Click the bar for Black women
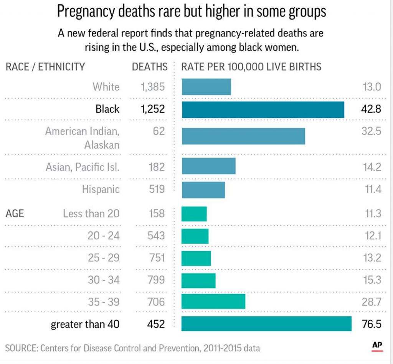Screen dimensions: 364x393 click(263, 110)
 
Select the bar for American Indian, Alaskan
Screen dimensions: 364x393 click(243, 136)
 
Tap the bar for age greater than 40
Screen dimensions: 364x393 click(266, 324)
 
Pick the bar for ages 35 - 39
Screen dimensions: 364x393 click(213, 302)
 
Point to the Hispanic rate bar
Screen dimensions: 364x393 click(203, 190)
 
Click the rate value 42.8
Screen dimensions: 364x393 click(372, 109)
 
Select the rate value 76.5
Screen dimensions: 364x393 click(372, 324)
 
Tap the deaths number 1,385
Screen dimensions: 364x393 click(152, 87)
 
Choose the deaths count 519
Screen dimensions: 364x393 click(156, 189)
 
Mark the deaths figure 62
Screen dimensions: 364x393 click(159, 131)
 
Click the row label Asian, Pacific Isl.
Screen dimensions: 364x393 click(83, 167)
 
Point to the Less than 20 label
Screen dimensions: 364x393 click(91, 214)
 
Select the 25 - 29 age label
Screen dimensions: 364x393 click(104, 258)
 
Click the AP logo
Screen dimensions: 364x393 click(377, 346)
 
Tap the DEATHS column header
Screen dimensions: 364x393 click(150, 67)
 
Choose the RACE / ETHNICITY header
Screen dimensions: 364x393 click(45, 67)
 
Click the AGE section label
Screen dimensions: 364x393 click(15, 214)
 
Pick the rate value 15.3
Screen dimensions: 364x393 click(372, 280)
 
